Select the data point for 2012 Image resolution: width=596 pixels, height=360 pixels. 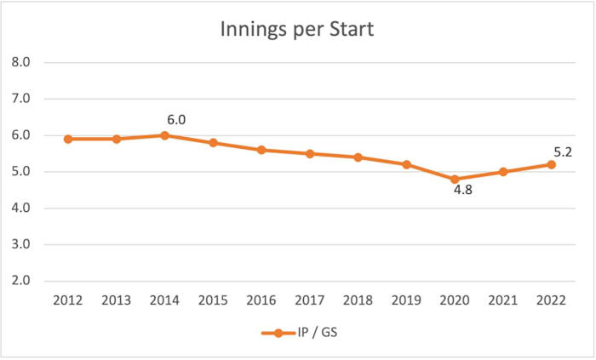point(66,139)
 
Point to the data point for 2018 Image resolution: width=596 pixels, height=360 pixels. point(358,157)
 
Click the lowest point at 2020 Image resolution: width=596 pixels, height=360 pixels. point(455,180)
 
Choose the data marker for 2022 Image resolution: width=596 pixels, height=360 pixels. point(551,164)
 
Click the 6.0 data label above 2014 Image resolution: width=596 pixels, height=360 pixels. point(176,120)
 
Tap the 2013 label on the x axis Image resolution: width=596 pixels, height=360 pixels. point(115,301)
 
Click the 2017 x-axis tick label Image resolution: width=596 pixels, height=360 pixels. point(309,301)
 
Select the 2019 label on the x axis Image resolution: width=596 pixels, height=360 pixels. point(406,301)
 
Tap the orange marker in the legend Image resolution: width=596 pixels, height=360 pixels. point(276,333)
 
